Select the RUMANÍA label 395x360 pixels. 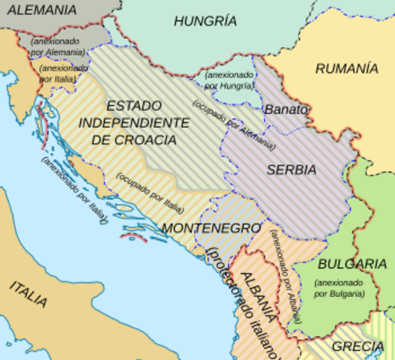coord(346,68)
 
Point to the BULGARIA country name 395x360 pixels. coord(352,264)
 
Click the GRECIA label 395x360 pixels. coord(358,346)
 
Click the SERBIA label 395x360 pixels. coord(291,169)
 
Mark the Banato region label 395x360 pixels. coord(286,109)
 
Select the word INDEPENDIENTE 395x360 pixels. coord(134,122)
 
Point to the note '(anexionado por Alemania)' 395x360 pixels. coord(57,46)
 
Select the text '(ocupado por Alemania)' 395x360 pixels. coord(234,124)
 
